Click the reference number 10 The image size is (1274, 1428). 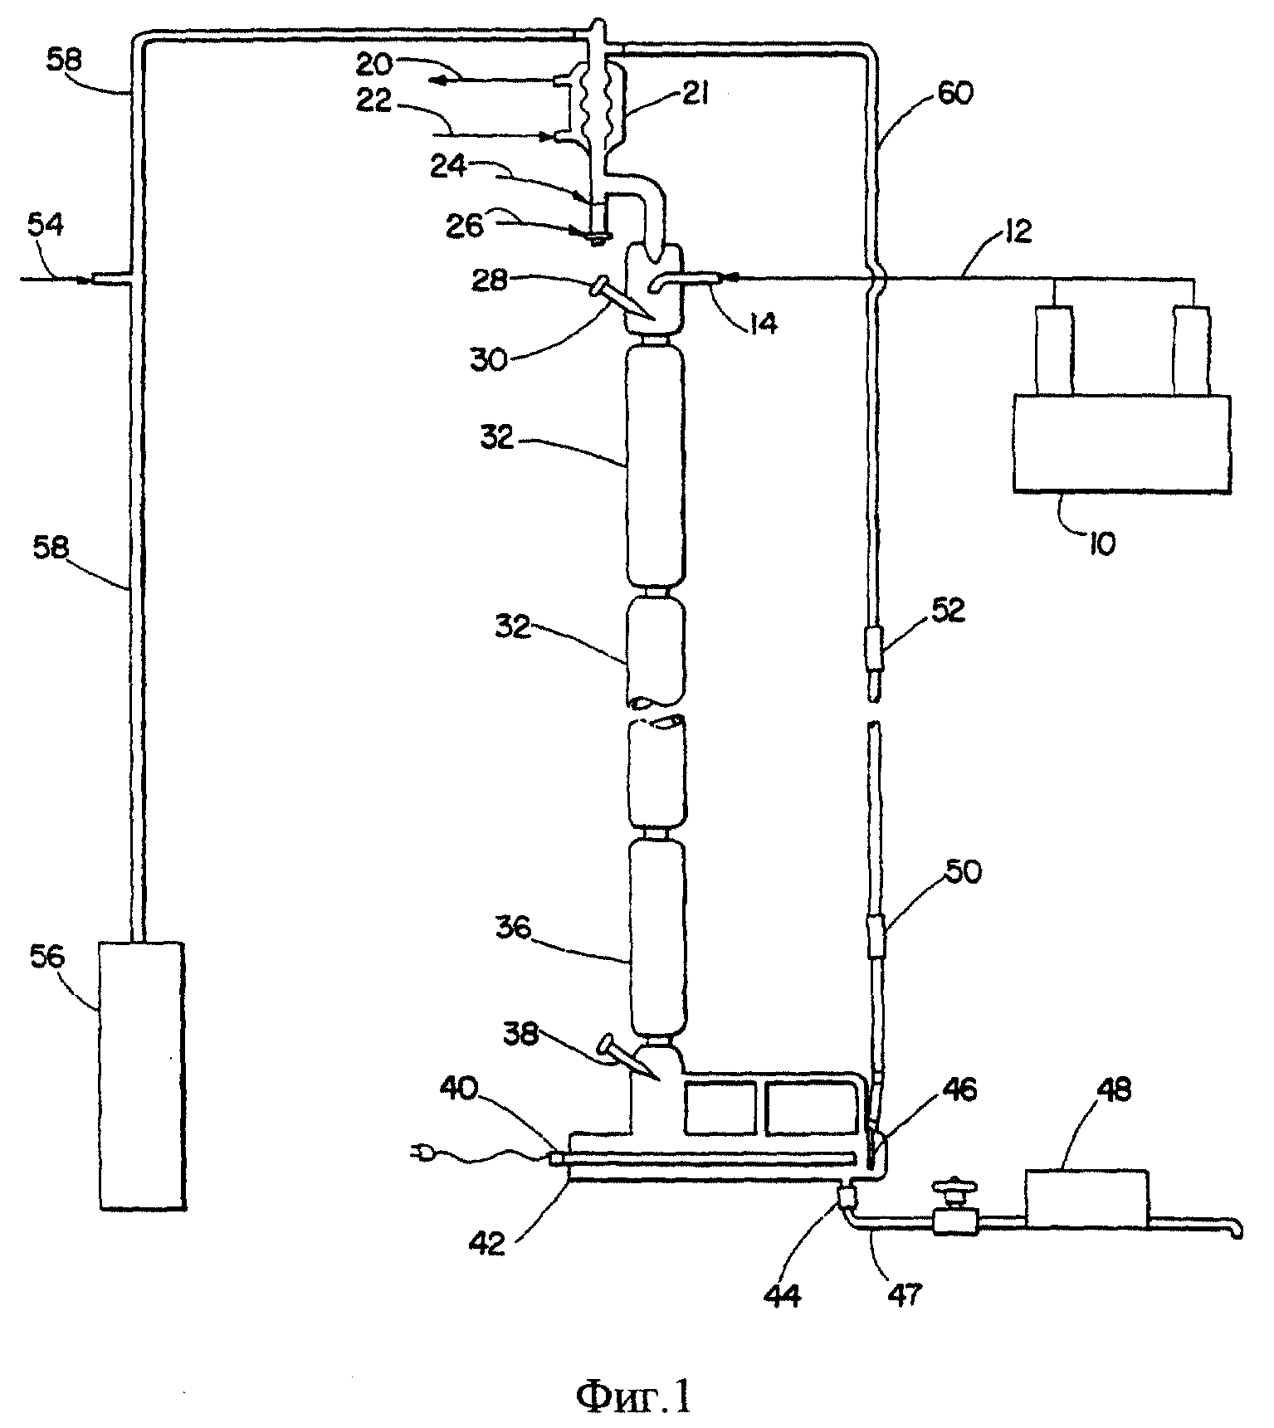pos(1101,544)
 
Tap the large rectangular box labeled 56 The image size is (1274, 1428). pos(141,1075)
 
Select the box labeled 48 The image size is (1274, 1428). pos(1087,1198)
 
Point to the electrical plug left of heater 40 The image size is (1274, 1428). pos(422,1150)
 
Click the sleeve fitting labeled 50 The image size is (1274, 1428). pos(875,936)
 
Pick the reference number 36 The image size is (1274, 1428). pos(511,926)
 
